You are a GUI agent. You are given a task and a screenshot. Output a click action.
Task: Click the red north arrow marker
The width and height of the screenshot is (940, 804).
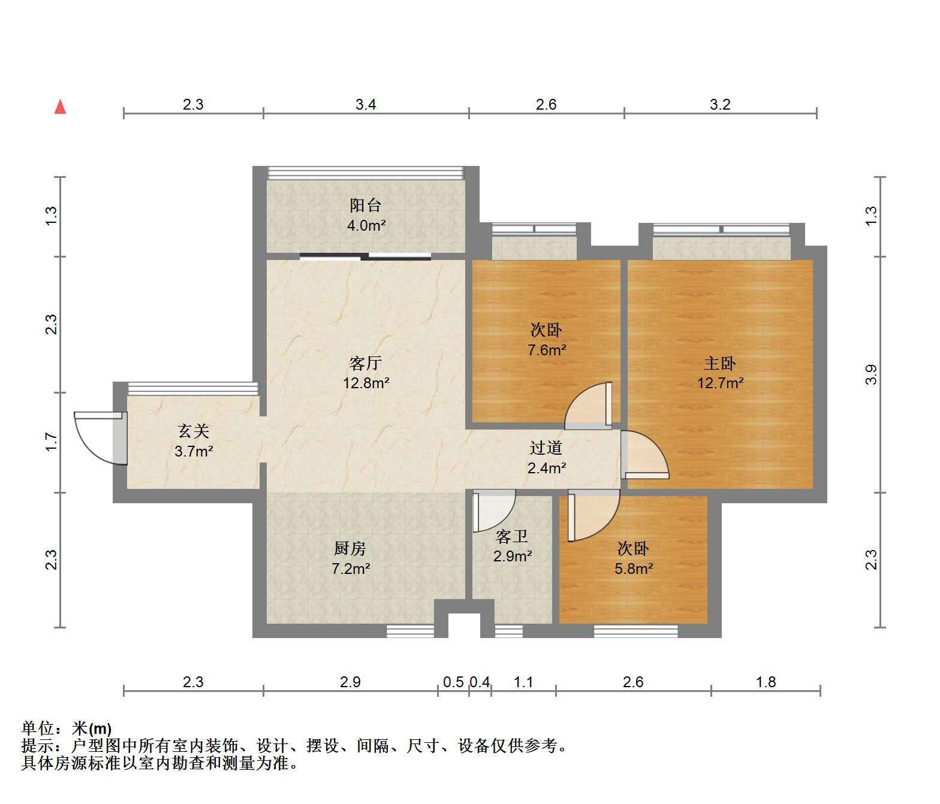tap(61, 107)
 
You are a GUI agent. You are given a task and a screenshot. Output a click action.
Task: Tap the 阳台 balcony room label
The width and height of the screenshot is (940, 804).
tap(365, 205)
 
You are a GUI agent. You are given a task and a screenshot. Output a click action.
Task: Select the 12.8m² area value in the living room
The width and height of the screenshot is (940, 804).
tap(366, 383)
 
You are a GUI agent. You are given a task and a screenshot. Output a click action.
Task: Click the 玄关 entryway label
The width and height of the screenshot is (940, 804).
tap(194, 431)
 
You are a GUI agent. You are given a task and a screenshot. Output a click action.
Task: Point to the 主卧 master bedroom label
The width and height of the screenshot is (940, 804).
tap(720, 363)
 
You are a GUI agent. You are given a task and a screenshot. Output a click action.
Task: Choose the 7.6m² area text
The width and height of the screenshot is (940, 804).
tap(547, 350)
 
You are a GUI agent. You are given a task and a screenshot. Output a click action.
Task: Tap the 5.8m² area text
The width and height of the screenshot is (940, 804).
tap(634, 569)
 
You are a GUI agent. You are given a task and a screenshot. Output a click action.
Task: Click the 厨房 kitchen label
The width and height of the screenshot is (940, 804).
tap(350, 549)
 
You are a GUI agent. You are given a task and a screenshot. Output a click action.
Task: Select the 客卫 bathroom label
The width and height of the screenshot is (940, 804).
tap(512, 537)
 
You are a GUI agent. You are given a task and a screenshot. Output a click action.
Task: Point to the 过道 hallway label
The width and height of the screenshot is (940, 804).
tap(546, 448)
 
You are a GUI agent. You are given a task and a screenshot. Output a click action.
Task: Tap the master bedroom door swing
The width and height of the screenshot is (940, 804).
tap(645, 455)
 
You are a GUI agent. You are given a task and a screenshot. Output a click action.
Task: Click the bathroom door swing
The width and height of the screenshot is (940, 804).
tap(495, 510)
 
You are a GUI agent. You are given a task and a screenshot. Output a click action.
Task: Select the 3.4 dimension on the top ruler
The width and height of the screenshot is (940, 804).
tap(366, 104)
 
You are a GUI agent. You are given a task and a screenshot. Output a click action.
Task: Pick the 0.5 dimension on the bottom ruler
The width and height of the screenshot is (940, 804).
tap(453, 682)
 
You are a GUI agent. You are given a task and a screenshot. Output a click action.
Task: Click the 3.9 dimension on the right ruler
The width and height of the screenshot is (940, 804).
tap(870, 374)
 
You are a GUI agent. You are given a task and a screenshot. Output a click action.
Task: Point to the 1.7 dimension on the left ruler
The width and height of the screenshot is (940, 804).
tap(51, 442)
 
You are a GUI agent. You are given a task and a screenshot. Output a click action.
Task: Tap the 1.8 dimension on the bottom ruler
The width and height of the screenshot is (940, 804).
tap(766, 682)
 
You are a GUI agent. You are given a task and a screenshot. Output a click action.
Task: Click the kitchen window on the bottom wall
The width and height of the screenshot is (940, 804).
tap(410, 631)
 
